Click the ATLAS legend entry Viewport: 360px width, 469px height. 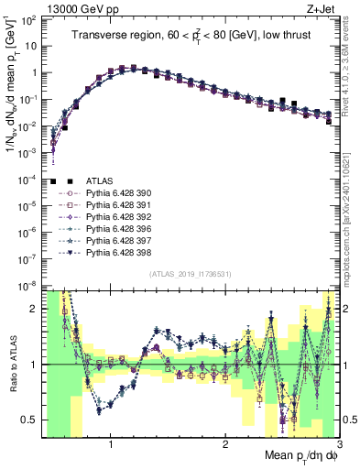[x=99, y=181]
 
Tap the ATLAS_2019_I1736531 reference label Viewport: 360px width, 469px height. [x=190, y=274]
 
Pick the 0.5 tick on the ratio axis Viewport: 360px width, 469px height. [x=29, y=420]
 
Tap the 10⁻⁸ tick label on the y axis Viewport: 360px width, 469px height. [x=27, y=285]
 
